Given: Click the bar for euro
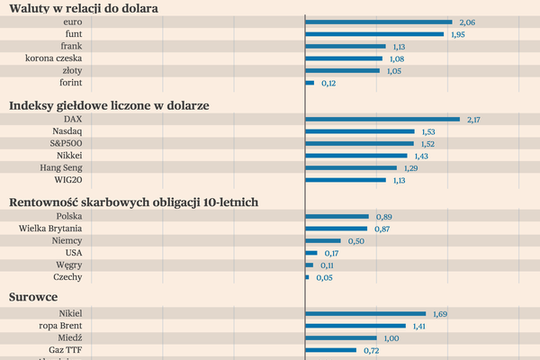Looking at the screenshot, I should click(x=379, y=22).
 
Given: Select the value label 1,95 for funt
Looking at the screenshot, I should click(x=457, y=34).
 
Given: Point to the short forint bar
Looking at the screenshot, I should click(x=310, y=83).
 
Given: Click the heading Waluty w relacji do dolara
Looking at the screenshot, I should click(x=84, y=7).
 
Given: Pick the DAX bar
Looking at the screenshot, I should click(x=382, y=119).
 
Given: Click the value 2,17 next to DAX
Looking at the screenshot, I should click(x=474, y=119).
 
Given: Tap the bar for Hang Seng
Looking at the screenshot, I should click(x=351, y=167).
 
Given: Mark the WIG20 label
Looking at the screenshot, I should click(x=67, y=180).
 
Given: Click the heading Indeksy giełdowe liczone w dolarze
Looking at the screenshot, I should click(x=109, y=105).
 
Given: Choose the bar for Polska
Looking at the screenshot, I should click(x=337, y=217).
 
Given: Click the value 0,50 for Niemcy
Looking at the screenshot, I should click(x=355, y=241).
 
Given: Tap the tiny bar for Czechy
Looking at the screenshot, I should click(x=307, y=277).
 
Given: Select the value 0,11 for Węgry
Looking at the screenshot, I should click(x=327, y=265).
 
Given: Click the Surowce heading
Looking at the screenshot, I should click(x=33, y=296).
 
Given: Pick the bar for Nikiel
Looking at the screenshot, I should click(x=365, y=314).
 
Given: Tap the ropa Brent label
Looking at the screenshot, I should click(x=59, y=326).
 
